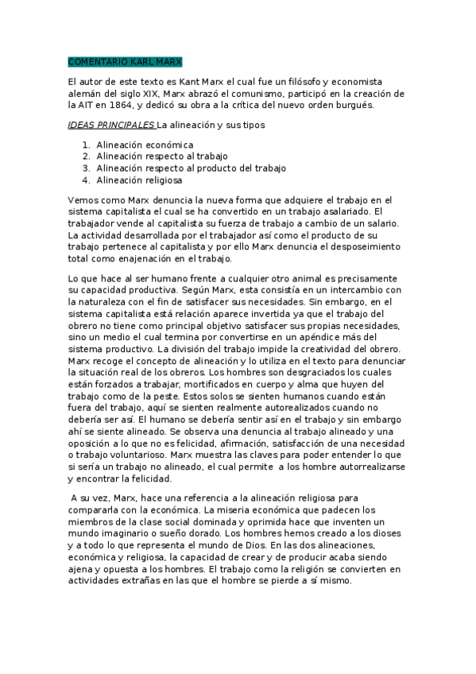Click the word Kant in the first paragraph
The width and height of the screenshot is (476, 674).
pyautogui.click(x=188, y=82)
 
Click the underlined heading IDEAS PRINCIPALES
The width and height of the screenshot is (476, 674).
pyautogui.click(x=111, y=125)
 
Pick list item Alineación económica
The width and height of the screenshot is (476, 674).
pyautogui.click(x=145, y=145)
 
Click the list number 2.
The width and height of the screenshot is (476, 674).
pyautogui.click(x=86, y=157)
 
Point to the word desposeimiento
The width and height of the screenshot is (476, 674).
pyautogui.click(x=365, y=246)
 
